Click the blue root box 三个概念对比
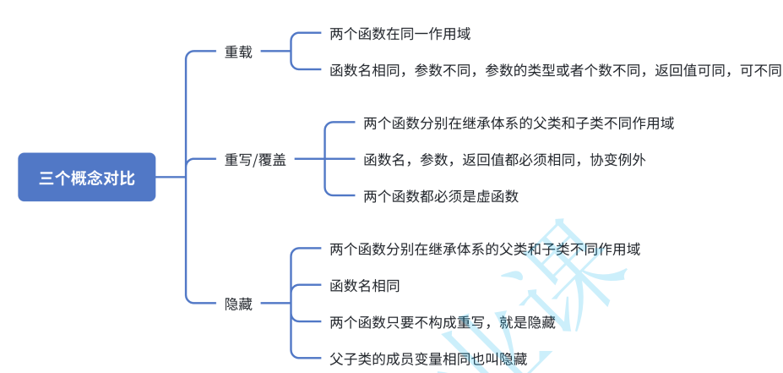[x=87, y=178]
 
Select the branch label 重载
[x=238, y=52]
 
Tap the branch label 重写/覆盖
[x=255, y=159]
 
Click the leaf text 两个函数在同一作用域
[x=400, y=35]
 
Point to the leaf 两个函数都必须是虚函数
[x=440, y=196]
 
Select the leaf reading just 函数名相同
[x=364, y=285]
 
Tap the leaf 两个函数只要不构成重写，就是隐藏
[x=442, y=322]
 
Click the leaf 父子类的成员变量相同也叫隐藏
[x=428, y=359]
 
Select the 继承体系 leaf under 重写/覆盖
[x=519, y=123]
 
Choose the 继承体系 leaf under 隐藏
[x=485, y=250]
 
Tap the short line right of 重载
[x=275, y=52]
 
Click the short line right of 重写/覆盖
[x=308, y=159]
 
